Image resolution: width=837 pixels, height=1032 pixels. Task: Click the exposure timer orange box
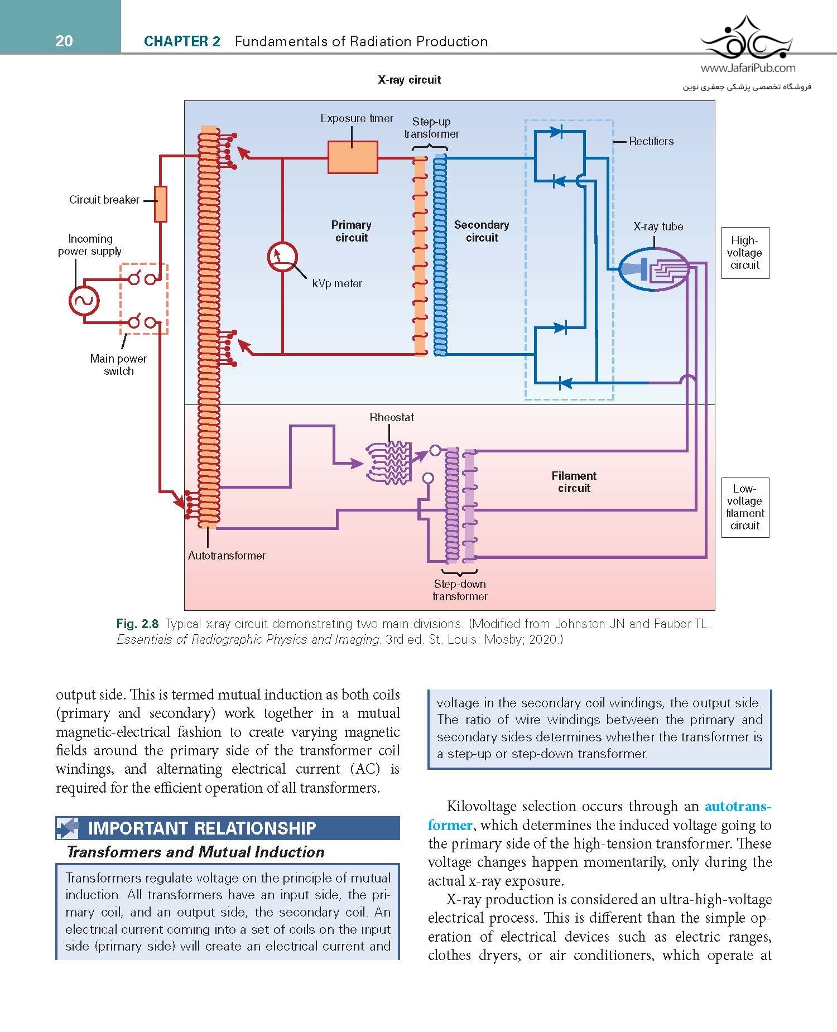pos(353,157)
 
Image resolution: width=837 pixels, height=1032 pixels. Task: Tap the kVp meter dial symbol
pos(282,258)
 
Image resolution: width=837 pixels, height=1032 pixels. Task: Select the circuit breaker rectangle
pos(161,204)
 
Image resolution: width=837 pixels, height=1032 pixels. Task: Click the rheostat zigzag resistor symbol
pos(389,462)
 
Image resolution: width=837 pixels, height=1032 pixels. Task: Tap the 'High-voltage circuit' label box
pos(745,253)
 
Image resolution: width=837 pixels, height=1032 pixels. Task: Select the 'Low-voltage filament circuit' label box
pos(745,507)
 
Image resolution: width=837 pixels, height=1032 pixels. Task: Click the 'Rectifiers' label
pos(651,141)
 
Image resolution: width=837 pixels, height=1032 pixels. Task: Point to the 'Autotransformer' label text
pos(227,556)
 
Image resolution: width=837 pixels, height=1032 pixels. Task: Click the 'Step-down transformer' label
pos(460,590)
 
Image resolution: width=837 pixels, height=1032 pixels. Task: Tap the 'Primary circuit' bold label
pos(352,231)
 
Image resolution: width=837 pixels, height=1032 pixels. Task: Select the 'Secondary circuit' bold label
pos(482,231)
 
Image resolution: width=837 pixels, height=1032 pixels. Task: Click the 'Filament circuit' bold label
pos(574,482)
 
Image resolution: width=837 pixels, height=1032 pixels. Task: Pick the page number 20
pos(64,41)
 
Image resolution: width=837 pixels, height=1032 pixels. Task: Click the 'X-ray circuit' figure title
pos(410,80)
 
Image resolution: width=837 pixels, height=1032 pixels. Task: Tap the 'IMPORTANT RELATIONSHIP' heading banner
pos(228,828)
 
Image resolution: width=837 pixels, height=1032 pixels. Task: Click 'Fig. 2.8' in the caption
pos(137,624)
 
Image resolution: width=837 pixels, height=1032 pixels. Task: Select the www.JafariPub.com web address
pos(748,68)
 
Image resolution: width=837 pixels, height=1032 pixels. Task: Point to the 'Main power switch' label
pos(118,365)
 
